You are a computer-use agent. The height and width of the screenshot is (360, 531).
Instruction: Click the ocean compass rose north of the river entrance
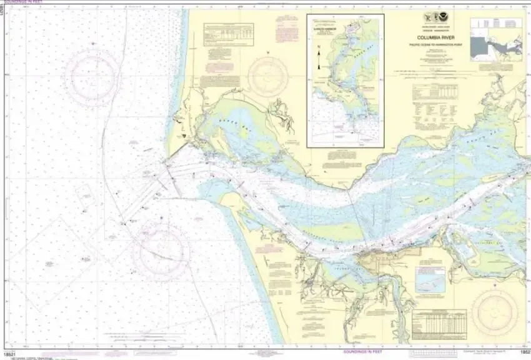click(92, 76)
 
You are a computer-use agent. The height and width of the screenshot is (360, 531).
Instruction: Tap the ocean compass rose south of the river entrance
click(162, 251)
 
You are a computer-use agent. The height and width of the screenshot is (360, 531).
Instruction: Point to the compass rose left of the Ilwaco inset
click(269, 77)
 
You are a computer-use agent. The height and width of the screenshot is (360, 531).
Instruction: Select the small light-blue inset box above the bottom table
click(431, 282)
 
